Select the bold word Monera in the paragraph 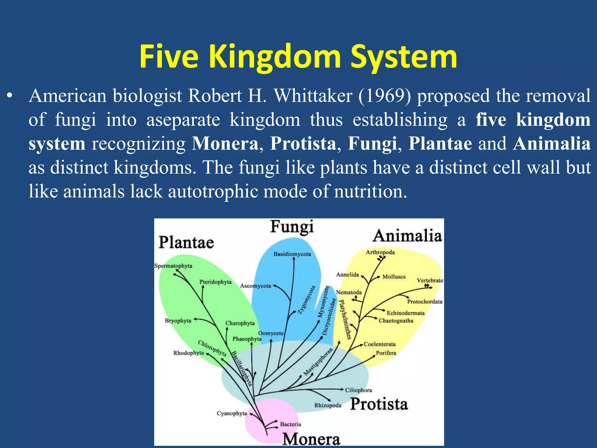click(x=225, y=143)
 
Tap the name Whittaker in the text click(x=313, y=96)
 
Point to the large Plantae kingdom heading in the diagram click(x=186, y=243)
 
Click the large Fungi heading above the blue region click(x=292, y=227)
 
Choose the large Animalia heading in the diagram click(x=407, y=236)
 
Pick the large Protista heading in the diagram click(x=379, y=404)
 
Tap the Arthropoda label click(x=380, y=252)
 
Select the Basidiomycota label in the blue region click(x=292, y=254)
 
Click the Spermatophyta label click(x=173, y=266)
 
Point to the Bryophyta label click(x=178, y=321)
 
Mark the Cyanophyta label click(x=232, y=413)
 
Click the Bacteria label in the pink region click(x=290, y=424)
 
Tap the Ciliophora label click(x=358, y=390)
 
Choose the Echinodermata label click(x=405, y=313)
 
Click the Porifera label click(x=386, y=353)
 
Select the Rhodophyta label click(x=189, y=353)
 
